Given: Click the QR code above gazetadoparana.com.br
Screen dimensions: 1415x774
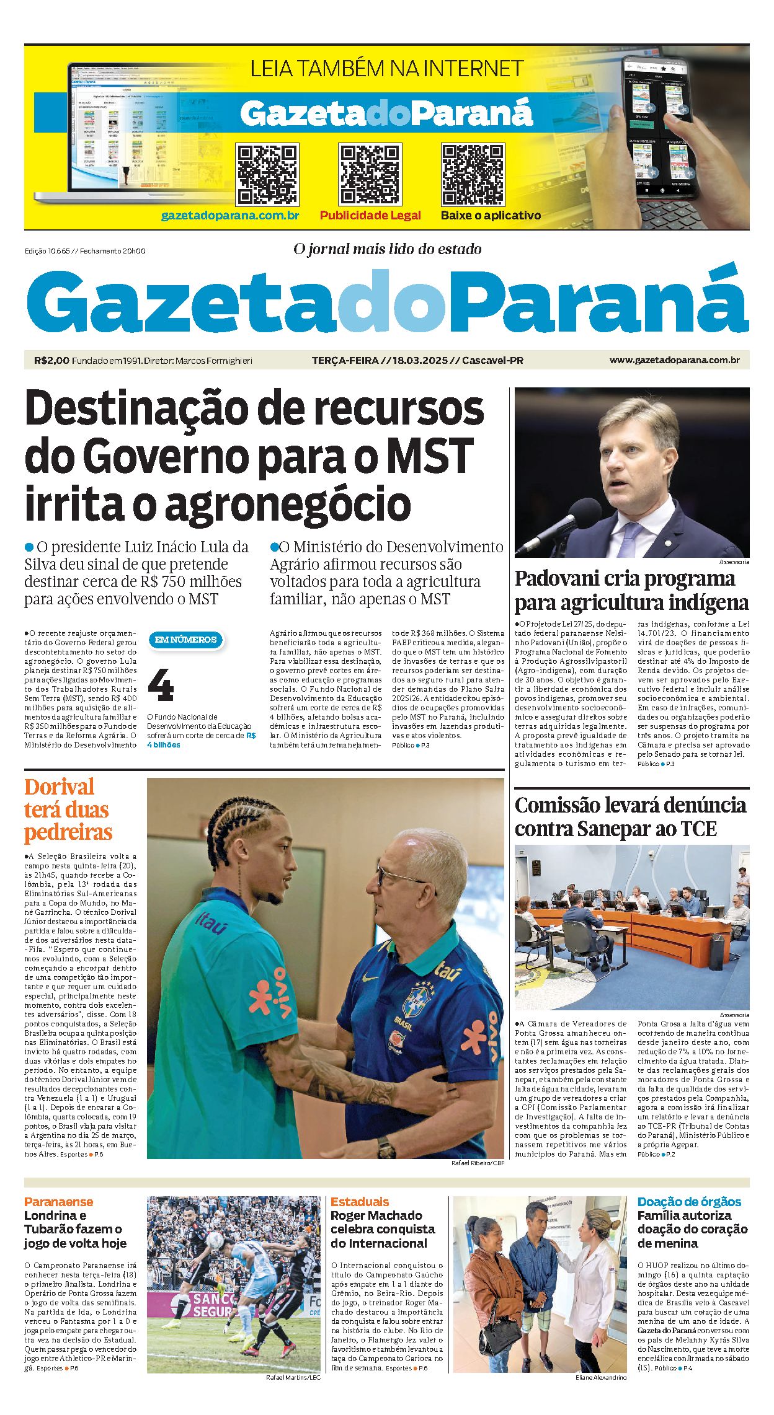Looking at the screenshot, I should click(267, 174).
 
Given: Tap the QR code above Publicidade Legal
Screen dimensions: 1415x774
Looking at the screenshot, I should click(370, 174).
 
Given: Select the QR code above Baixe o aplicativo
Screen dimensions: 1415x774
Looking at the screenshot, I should click(472, 174).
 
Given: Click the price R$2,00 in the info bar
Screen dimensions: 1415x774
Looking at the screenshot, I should click(52, 360).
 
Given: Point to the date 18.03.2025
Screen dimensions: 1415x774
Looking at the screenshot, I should click(420, 360).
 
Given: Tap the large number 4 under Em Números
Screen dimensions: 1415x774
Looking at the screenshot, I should click(161, 685).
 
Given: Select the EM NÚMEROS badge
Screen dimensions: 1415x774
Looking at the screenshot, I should click(185, 640).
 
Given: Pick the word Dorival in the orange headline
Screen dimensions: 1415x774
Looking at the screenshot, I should click(60, 787).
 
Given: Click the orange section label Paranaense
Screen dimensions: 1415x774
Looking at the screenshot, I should click(58, 1201).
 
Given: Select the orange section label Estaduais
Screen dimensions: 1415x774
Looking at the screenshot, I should click(360, 1201).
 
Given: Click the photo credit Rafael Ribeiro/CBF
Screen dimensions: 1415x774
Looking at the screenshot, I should click(478, 1163).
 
